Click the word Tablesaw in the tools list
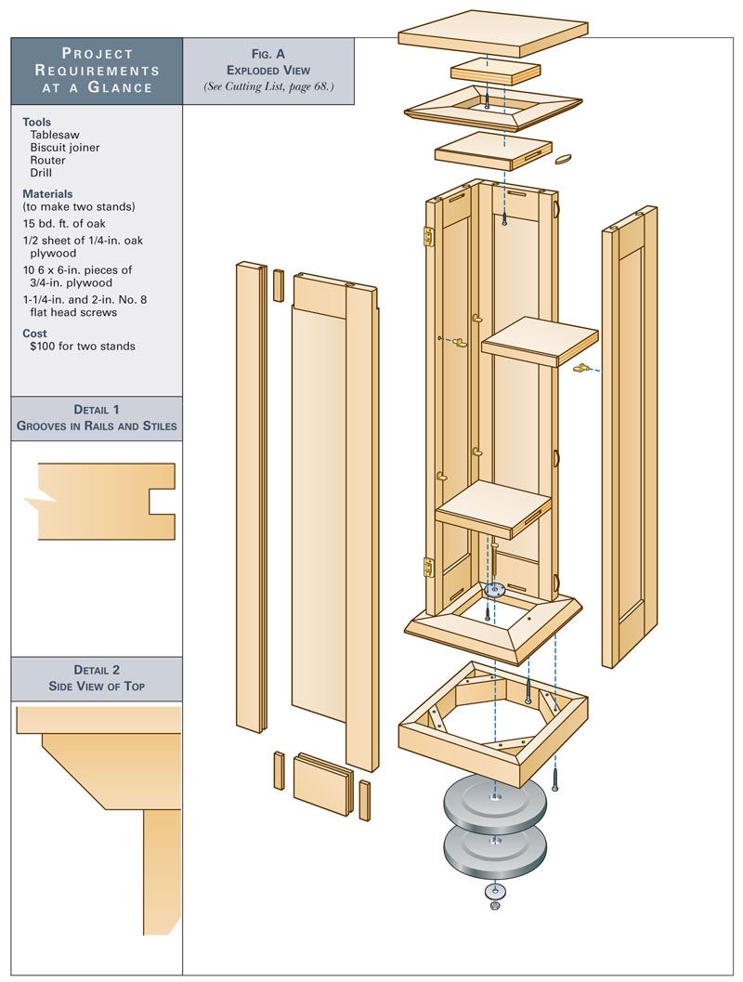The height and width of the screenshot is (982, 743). click(54, 135)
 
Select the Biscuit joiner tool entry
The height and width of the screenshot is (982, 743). click(64, 147)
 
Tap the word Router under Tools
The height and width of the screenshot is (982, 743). click(47, 160)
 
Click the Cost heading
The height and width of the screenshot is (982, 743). click(35, 333)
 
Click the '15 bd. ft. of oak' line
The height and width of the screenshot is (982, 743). click(69, 223)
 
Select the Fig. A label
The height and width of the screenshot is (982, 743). click(268, 54)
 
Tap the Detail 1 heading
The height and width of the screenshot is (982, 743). click(97, 410)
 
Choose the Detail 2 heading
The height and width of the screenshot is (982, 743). click(97, 670)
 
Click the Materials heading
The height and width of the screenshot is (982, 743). click(47, 193)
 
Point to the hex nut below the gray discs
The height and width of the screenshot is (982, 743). click(493, 904)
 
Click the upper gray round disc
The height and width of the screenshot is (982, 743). click(493, 805)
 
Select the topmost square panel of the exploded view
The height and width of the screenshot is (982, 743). click(492, 31)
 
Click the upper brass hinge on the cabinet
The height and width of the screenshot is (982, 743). click(430, 237)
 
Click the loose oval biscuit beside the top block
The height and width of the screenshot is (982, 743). click(564, 159)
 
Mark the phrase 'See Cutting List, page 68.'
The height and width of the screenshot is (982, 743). click(268, 86)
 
